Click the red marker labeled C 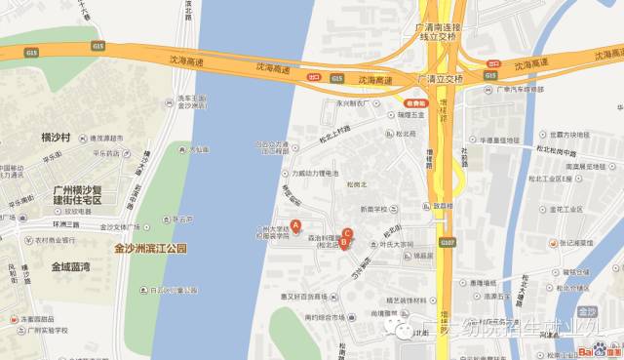pyautogui.click(x=347, y=232)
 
